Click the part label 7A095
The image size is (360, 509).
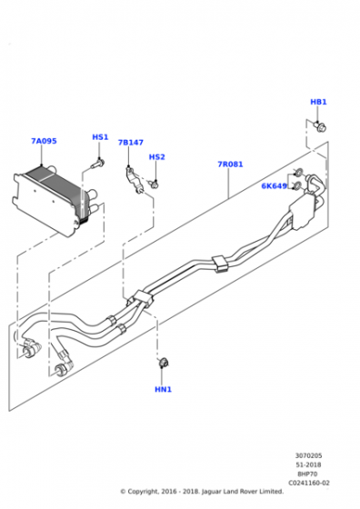coord(44,141)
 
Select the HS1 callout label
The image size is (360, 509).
coord(100,137)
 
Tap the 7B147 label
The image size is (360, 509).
coord(131,143)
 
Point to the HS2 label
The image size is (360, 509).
coord(156,157)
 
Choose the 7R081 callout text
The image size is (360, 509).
coord(230,165)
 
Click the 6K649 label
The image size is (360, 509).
coord(275,186)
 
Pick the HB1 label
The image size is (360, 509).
coord(318,102)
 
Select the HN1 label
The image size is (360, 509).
coord(163,389)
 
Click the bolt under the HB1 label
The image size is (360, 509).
coord(320,126)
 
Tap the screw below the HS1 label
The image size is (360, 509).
coord(97,163)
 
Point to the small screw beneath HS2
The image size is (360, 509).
coord(154,185)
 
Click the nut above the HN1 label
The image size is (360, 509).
coord(164,363)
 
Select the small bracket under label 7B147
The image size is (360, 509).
coord(135,180)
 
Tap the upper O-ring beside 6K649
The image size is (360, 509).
coord(297,172)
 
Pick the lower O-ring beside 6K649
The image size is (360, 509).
coord(296,186)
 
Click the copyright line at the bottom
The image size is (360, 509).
coord(202,492)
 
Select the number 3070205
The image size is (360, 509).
coord(309,455)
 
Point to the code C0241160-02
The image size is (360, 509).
coord(309,483)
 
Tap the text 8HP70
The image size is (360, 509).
coord(307,474)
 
